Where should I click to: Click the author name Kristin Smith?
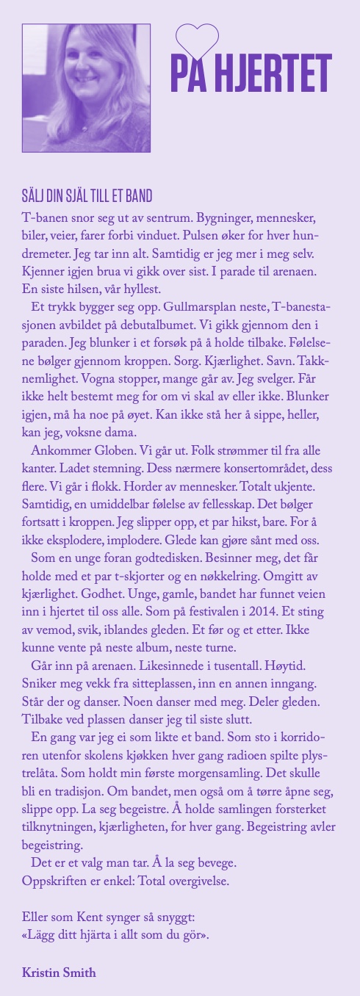(60, 972)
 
